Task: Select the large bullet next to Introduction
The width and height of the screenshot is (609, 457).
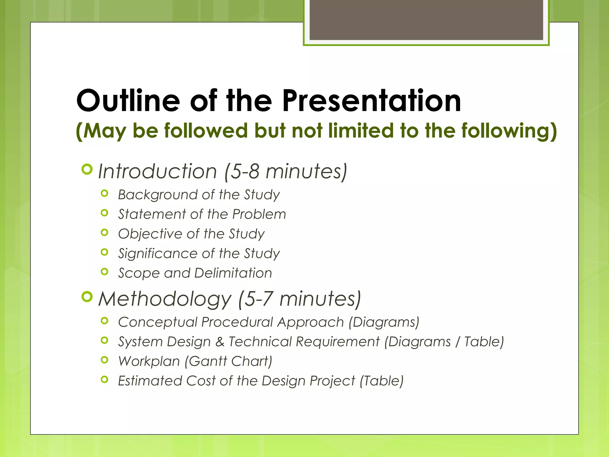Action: [x=87, y=169]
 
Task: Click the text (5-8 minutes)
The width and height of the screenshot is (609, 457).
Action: [x=285, y=171]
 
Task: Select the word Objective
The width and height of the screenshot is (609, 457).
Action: [x=150, y=234]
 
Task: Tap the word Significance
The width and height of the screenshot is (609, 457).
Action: [x=158, y=253]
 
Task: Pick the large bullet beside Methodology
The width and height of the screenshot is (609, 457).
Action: [x=87, y=296]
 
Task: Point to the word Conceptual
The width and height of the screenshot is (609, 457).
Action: [x=158, y=322]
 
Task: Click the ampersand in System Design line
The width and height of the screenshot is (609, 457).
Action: [x=220, y=342]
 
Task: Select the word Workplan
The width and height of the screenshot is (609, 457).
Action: [x=149, y=361]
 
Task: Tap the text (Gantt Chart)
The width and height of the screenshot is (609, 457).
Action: [x=228, y=361]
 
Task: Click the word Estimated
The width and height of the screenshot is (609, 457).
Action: [x=150, y=381]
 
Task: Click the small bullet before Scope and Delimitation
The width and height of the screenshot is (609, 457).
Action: [x=104, y=271]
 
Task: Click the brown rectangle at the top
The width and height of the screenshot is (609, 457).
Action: [x=426, y=20]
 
